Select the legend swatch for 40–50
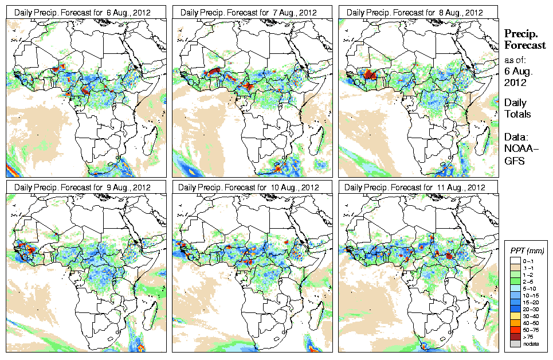tap(516, 323)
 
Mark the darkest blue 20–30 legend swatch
tap(516, 308)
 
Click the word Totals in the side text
tap(517, 114)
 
